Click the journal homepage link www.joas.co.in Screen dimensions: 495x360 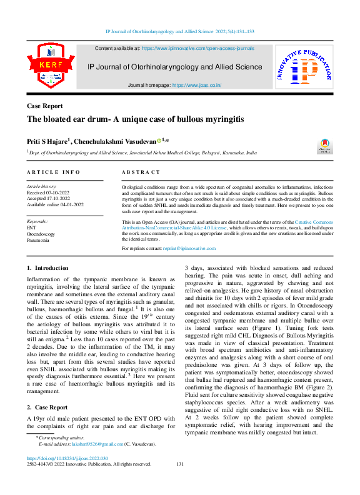[x=197, y=85]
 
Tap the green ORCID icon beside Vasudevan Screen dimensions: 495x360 [x=159, y=141]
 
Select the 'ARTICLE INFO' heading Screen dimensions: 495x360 [x=53, y=172]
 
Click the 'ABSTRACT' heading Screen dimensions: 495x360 [x=141, y=172]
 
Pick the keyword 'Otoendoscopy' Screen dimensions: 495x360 [x=42, y=233]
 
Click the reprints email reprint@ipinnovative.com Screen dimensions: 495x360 [x=189, y=248]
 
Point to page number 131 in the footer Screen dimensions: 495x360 [x=180, y=464]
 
